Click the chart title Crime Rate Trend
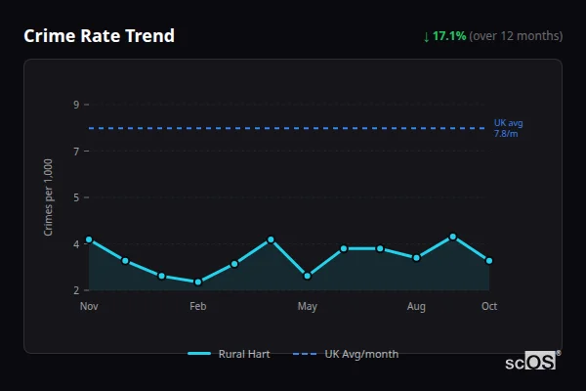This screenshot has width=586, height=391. (x=99, y=36)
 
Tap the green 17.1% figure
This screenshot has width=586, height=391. (x=449, y=36)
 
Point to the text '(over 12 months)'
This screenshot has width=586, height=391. (x=516, y=36)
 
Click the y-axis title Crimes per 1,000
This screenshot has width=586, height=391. (x=49, y=196)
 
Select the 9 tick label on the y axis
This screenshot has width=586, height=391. (x=76, y=105)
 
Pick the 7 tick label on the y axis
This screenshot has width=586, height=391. (x=76, y=151)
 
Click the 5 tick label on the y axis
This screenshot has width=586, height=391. (x=76, y=197)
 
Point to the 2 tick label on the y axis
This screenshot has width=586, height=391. (x=76, y=290)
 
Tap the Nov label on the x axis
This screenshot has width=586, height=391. (x=89, y=307)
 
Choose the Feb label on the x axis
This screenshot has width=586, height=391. (x=198, y=307)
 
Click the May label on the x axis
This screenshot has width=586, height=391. (x=308, y=307)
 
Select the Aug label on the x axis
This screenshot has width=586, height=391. (x=416, y=307)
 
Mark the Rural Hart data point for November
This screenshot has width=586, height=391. (x=89, y=239)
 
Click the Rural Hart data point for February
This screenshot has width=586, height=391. (x=198, y=282)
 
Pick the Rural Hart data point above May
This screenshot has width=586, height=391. (x=308, y=276)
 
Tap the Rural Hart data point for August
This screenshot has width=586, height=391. (x=416, y=258)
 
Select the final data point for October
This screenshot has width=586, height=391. (x=489, y=261)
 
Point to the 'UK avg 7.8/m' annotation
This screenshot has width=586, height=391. (x=508, y=128)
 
